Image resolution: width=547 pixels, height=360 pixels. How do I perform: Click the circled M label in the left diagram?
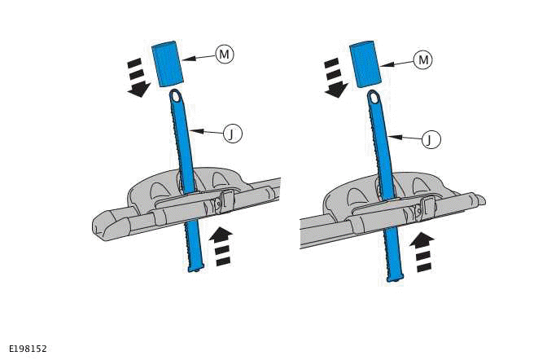click(224, 54)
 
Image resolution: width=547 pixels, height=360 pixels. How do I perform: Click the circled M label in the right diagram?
click(421, 59)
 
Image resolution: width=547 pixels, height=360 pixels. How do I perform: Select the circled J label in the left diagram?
click(232, 134)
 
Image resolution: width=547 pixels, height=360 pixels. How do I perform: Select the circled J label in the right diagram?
click(430, 139)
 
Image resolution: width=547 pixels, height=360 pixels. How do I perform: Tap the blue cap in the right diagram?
click(365, 63)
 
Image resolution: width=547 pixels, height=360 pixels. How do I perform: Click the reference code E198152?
click(28, 349)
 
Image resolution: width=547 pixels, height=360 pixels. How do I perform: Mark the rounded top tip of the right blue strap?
click(374, 98)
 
